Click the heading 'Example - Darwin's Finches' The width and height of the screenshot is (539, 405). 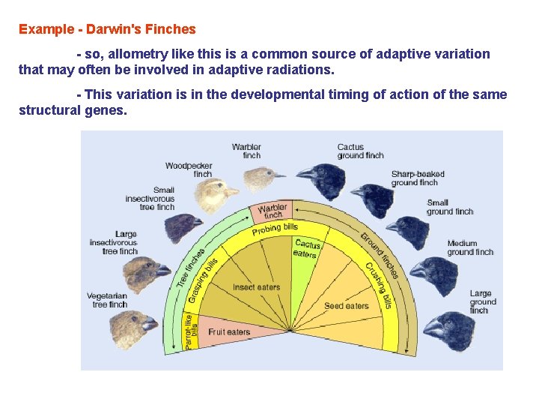[x=107, y=30]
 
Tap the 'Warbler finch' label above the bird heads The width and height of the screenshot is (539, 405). [x=246, y=151]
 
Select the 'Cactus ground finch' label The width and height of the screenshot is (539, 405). [x=360, y=151]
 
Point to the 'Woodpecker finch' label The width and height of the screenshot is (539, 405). [x=189, y=169]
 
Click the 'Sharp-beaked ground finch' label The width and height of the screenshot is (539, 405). [x=417, y=178]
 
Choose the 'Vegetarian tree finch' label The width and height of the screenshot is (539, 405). [x=107, y=299]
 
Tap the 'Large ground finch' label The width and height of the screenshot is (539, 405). [x=481, y=301]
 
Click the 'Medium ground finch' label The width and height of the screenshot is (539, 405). [x=470, y=247]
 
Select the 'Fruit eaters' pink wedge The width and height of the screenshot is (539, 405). [x=229, y=331]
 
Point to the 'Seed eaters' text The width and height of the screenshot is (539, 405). [x=346, y=305]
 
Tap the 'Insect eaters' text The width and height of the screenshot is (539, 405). [x=256, y=287]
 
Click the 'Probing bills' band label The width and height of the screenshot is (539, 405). [x=275, y=228]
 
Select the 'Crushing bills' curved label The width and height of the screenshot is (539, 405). [x=379, y=286]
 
